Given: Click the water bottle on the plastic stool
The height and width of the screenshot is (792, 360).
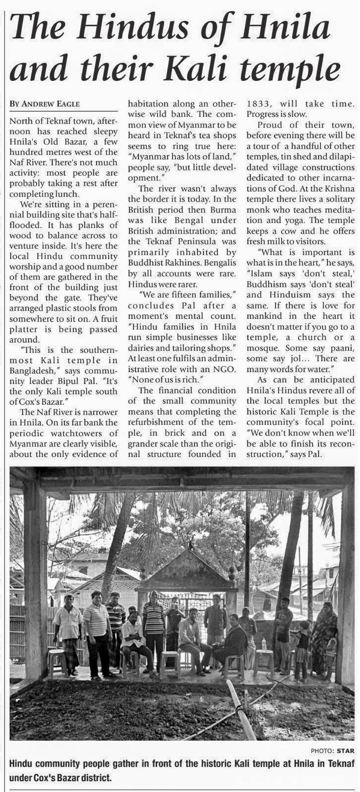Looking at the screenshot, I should coord(264,643).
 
